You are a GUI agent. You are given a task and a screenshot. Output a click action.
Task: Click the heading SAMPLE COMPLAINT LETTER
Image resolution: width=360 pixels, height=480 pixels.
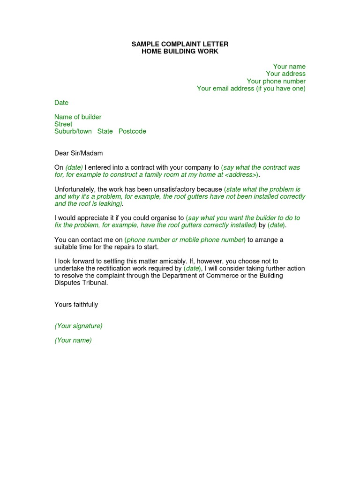click(180, 44)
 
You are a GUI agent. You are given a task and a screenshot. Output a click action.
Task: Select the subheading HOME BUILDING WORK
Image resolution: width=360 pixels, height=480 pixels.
click(180, 51)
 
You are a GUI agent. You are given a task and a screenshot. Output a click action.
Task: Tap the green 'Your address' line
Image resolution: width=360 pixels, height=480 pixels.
click(285, 74)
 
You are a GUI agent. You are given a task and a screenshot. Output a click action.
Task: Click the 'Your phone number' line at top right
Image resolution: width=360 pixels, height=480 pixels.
click(276, 81)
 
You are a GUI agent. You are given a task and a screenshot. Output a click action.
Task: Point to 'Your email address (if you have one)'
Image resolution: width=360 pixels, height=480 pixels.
click(251, 88)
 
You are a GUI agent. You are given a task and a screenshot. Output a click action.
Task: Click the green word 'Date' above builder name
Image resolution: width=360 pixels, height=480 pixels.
click(61, 103)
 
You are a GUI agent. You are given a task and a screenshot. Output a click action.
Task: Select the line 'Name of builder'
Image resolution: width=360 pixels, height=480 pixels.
click(78, 117)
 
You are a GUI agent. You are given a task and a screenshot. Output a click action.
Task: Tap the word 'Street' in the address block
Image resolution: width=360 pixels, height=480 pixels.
click(63, 124)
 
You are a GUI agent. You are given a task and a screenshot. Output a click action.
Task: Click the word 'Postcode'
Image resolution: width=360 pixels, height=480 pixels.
click(132, 131)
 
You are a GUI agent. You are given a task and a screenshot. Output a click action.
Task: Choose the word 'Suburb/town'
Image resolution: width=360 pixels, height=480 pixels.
click(73, 131)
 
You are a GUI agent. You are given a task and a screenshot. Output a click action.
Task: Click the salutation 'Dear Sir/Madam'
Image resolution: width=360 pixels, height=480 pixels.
click(78, 153)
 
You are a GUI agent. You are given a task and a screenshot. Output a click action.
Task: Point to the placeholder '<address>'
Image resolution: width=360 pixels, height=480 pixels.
click(240, 175)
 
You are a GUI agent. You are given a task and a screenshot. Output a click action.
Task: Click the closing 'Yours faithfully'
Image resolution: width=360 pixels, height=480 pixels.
click(76, 305)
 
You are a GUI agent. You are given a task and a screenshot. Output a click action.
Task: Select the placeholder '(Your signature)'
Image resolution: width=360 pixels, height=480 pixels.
click(78, 326)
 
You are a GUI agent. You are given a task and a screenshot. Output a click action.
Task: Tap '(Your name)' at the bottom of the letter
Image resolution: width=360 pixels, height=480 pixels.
click(73, 340)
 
